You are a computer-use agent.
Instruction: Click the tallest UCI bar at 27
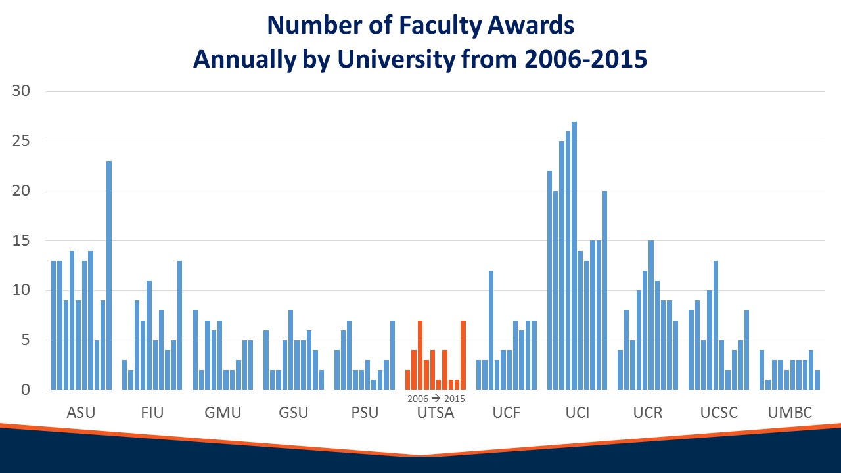pyautogui.click(x=574, y=256)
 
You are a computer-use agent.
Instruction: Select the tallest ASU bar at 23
pyautogui.click(x=109, y=275)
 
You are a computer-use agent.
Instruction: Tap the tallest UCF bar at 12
pyautogui.click(x=491, y=330)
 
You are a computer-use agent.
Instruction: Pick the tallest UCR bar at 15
pyautogui.click(x=651, y=315)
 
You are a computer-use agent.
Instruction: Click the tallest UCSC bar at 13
pyautogui.click(x=716, y=325)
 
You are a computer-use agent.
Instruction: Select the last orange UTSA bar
pyautogui.click(x=463, y=355)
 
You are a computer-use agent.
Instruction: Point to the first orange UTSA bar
pyautogui.click(x=408, y=380)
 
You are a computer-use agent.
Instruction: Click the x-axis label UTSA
pyautogui.click(x=436, y=413)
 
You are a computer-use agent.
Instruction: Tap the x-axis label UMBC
pyautogui.click(x=790, y=413)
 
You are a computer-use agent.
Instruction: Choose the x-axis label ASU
pyautogui.click(x=81, y=413)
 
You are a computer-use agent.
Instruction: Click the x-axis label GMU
pyautogui.click(x=223, y=413)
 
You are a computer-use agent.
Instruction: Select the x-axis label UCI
pyautogui.click(x=578, y=413)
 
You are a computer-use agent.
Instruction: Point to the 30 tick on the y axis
pyautogui.click(x=21, y=91)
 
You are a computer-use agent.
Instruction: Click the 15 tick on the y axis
pyautogui.click(x=21, y=240)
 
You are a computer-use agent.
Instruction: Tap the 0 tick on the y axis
pyautogui.click(x=26, y=390)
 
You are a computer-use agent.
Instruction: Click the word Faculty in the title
pyautogui.click(x=440, y=26)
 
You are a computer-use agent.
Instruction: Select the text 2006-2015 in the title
pyautogui.click(x=585, y=59)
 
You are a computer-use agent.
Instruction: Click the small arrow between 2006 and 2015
pyautogui.click(x=436, y=398)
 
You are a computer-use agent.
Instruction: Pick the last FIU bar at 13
pyautogui.click(x=179, y=325)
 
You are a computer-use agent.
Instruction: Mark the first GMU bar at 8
pyautogui.click(x=195, y=350)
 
